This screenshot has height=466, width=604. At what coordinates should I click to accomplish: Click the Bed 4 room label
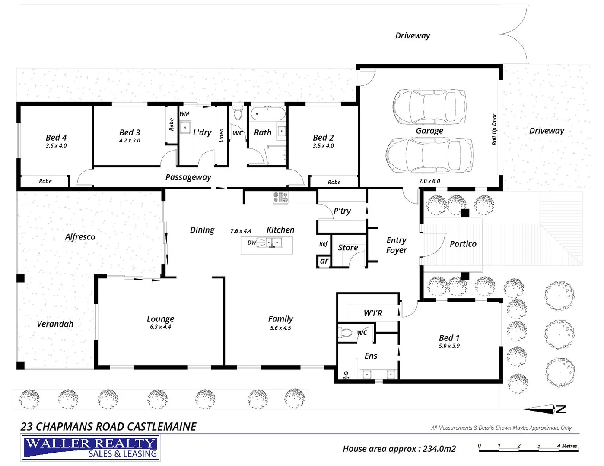click(x=56, y=138)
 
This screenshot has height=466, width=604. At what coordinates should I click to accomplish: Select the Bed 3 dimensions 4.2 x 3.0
click(x=130, y=141)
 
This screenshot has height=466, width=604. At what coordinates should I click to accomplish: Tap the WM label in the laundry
click(x=184, y=114)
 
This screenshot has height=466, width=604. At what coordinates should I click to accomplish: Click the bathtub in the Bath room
click(x=268, y=115)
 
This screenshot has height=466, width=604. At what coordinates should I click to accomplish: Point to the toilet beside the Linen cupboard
click(x=238, y=114)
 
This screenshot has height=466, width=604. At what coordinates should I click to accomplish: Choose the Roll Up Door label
click(x=494, y=129)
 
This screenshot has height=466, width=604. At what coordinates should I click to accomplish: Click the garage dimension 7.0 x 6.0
click(x=429, y=181)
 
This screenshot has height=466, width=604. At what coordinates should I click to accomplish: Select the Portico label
click(x=463, y=244)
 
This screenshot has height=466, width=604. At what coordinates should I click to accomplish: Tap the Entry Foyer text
click(x=396, y=245)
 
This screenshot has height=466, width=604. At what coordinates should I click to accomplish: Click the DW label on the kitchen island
click(x=252, y=242)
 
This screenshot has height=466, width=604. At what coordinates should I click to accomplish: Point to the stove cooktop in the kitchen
click(x=280, y=197)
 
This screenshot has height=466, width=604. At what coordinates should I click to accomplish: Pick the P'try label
click(x=342, y=211)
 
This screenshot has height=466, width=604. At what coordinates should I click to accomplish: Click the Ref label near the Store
click(x=323, y=244)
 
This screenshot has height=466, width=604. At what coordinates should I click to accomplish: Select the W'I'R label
click(x=372, y=313)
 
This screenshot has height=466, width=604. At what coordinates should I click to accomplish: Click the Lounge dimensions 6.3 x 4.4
click(x=160, y=327)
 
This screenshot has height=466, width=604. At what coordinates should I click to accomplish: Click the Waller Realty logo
click(x=90, y=448)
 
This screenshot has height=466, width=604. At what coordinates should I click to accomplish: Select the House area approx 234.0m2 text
click(x=399, y=449)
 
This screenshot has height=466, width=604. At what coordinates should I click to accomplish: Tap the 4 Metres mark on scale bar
click(x=567, y=446)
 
